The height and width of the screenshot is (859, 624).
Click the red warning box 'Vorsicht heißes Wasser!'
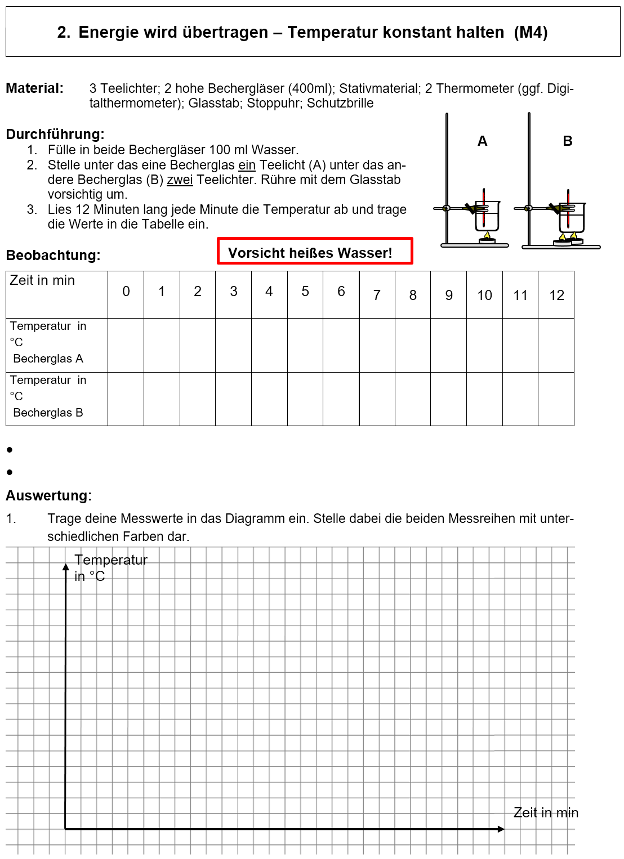315,251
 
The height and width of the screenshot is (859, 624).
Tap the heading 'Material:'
34,88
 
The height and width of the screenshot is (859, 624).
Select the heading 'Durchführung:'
55,135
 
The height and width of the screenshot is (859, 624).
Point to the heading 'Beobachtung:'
53,256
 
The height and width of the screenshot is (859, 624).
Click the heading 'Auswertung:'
48,496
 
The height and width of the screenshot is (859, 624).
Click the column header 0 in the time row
126,292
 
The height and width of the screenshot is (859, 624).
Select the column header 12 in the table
556,296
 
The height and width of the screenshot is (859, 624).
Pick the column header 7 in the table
377,296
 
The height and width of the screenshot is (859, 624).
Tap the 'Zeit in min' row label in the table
42,280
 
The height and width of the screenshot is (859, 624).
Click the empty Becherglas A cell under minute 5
305,345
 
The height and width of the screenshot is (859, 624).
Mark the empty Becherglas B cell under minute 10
484,399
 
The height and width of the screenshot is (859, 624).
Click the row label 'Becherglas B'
48,413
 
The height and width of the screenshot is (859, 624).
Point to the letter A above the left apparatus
482,141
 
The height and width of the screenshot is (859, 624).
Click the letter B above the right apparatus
567,141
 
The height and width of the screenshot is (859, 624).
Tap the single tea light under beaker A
487,240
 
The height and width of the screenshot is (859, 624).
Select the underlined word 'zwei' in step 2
180,180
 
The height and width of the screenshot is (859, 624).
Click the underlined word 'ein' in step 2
247,165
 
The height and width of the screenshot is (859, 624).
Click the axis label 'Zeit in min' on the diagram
545,813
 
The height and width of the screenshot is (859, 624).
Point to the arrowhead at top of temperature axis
65,567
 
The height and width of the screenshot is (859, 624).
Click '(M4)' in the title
531,33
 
